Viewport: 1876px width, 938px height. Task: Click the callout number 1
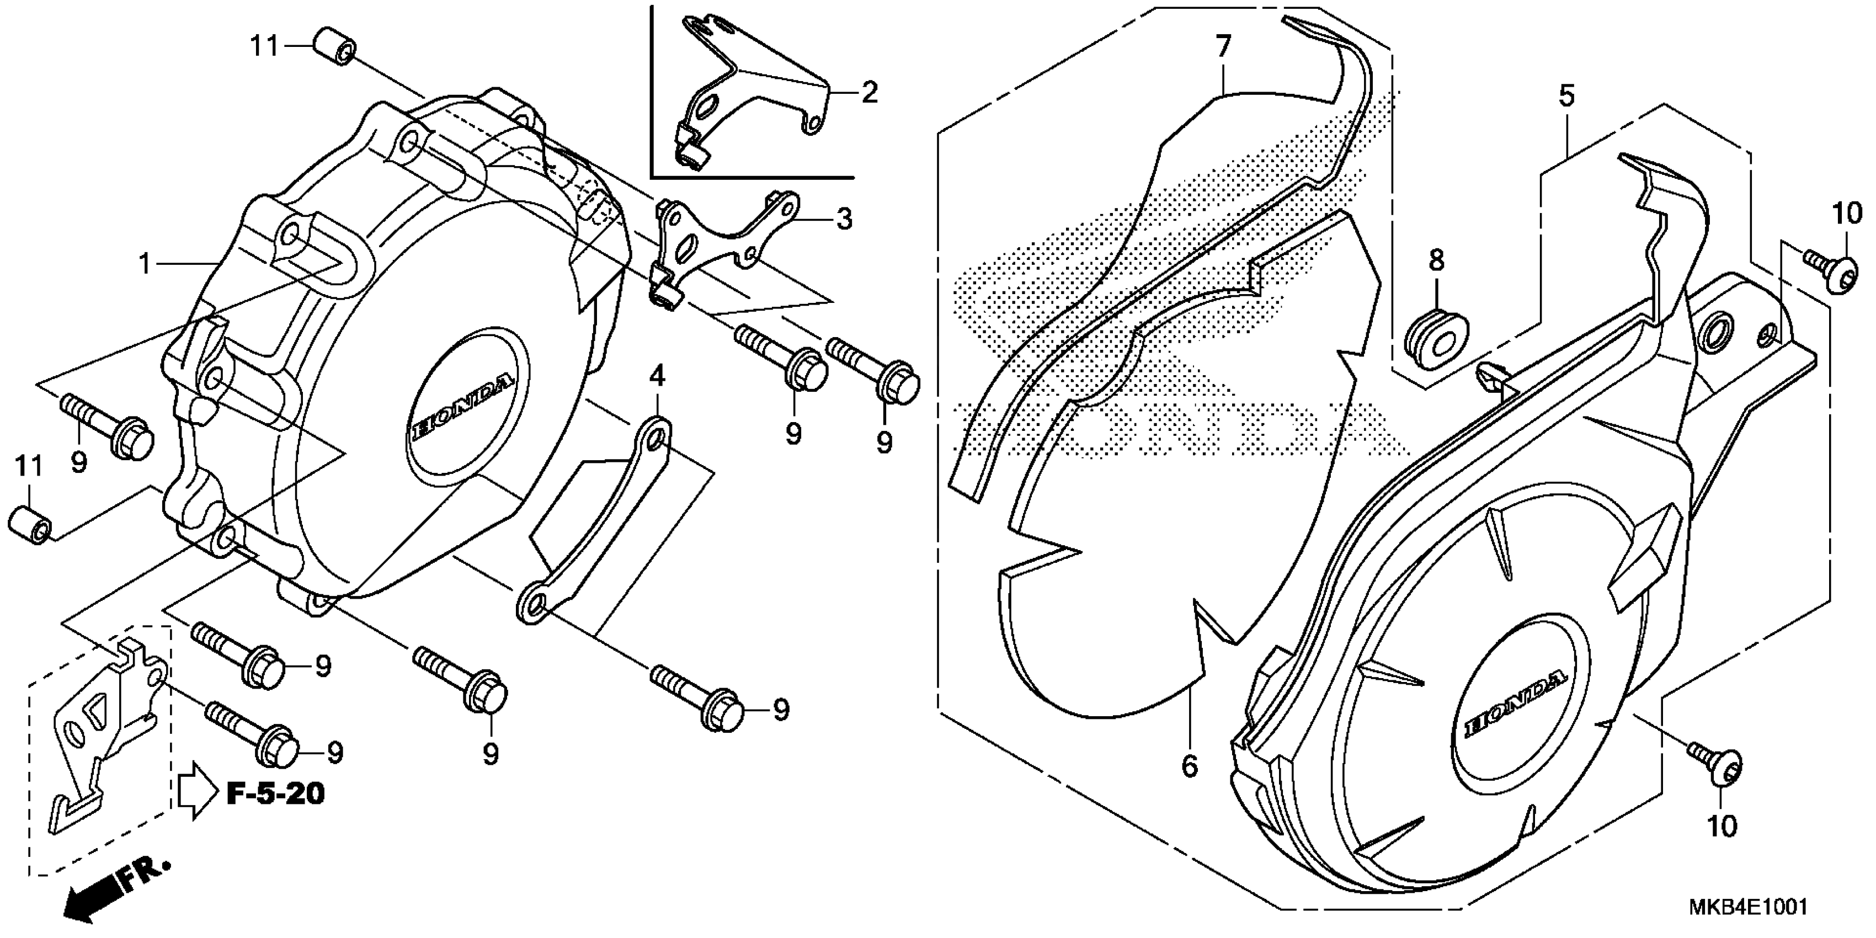146,264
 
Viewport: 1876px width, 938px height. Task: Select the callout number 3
844,218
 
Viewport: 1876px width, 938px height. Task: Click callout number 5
1567,96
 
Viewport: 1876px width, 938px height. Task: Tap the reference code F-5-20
275,793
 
